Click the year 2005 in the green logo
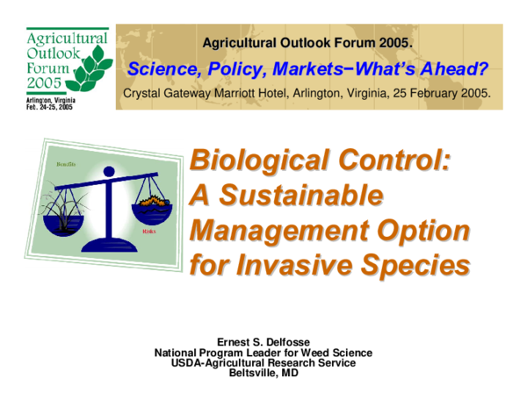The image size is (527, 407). (45, 82)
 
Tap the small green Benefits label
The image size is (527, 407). (66, 164)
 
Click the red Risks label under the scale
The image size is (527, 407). (149, 237)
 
